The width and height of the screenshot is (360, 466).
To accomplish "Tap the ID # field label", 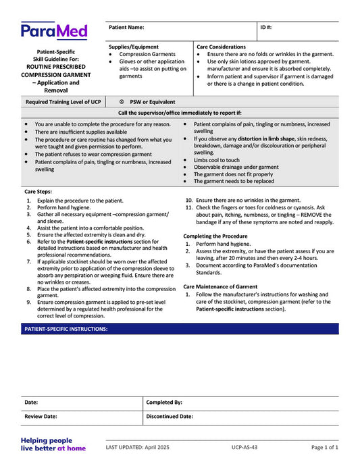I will point(266,28).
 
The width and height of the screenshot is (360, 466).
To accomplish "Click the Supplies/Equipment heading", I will point(134,47).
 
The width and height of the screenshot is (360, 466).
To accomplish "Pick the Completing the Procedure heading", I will point(215,236).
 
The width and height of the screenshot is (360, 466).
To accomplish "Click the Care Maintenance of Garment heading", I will point(220,286).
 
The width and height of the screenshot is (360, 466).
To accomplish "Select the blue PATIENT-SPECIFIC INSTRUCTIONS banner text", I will point(66,329).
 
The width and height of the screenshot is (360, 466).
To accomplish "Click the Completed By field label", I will point(164,402).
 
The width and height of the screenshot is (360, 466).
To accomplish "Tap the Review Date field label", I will point(41,417).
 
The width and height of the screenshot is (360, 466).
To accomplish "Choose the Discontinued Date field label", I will point(170,417).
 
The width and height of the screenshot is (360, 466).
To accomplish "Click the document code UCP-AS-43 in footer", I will point(244,447).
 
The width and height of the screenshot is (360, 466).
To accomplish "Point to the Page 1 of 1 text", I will point(325,447).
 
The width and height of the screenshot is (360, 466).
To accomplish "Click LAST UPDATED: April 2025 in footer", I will point(147,447).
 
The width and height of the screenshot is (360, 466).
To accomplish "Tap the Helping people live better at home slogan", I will point(53,444).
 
